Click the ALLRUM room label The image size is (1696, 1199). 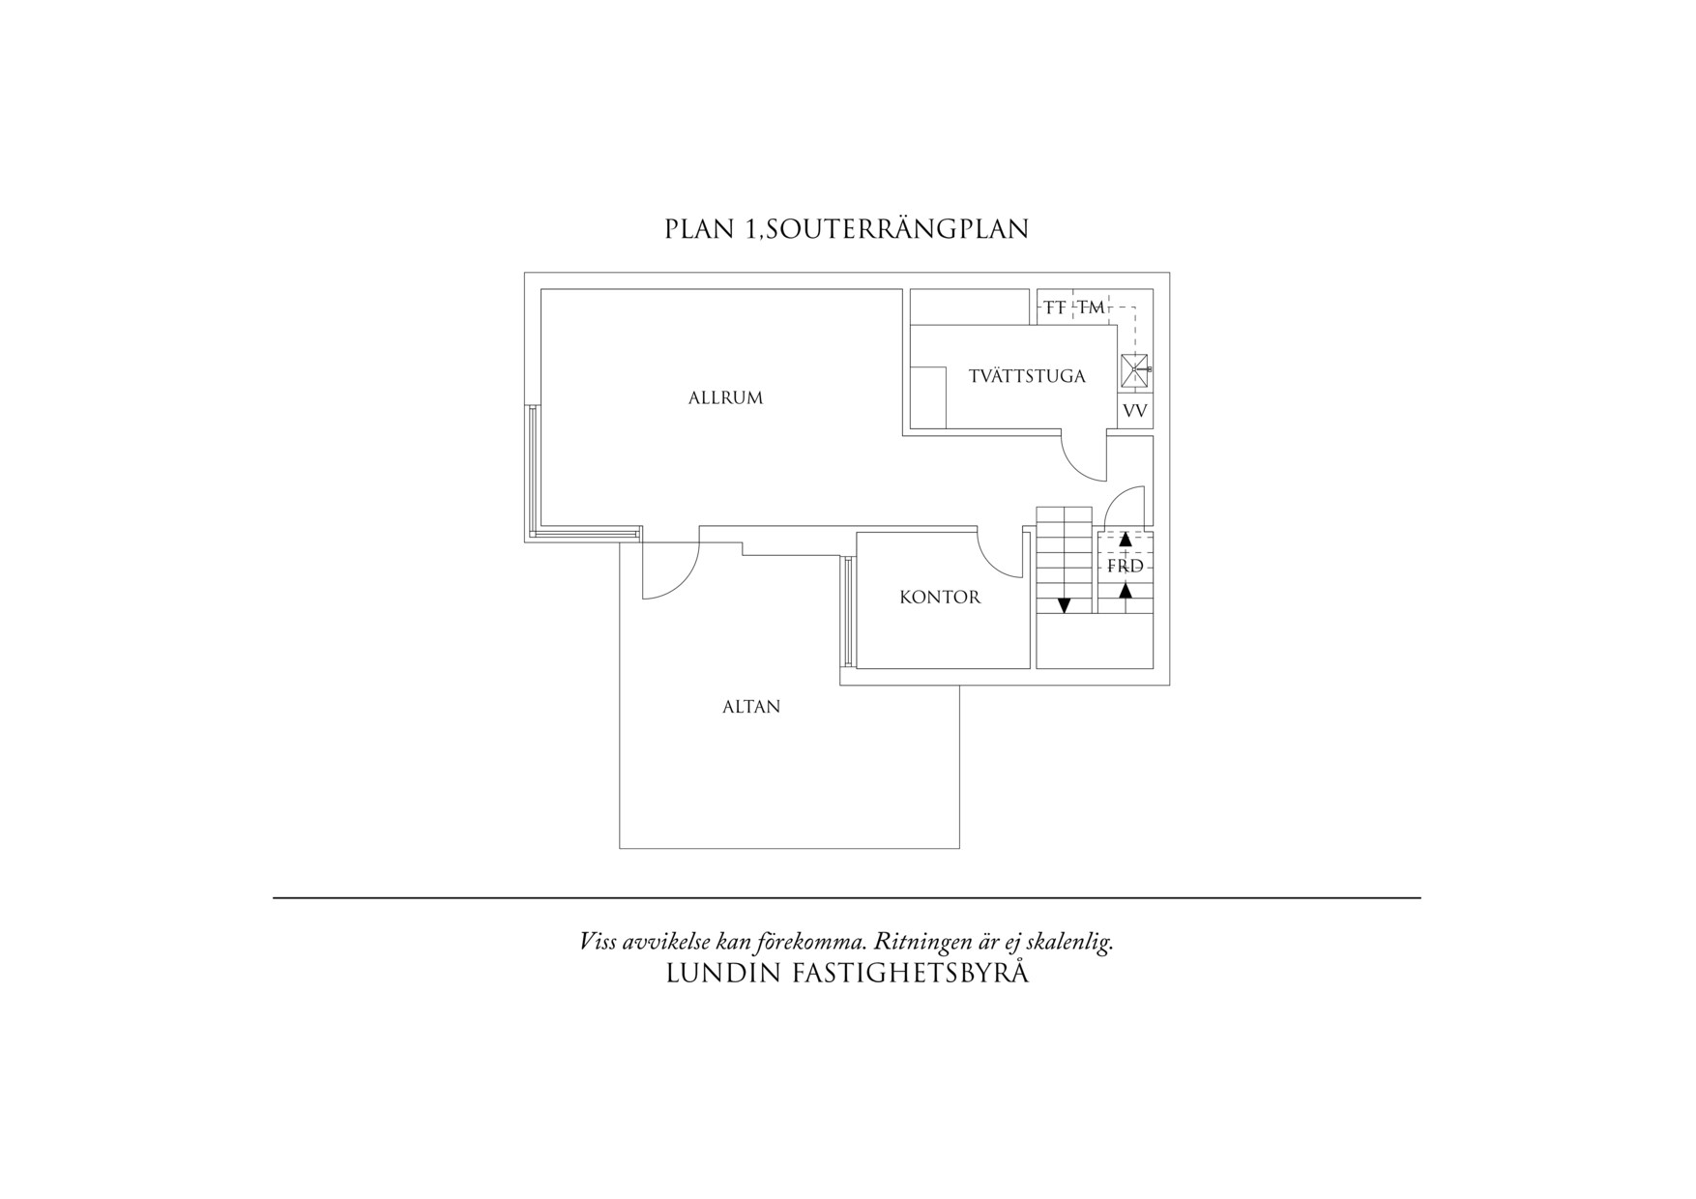coord(725,397)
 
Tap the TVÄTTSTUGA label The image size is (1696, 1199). coord(1027,376)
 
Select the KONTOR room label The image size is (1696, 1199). coord(940,598)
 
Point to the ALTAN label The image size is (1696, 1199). coord(751,707)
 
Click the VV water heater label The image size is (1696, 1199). coord(1135,411)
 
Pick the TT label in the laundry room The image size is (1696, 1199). coord(1055,307)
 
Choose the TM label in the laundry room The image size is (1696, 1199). coord(1092,307)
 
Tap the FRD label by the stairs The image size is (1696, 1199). coord(1126,567)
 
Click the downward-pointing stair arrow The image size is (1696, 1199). coord(1065,605)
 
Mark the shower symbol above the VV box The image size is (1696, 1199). coord(1133,369)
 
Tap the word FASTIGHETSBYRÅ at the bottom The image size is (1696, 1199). coord(910,974)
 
